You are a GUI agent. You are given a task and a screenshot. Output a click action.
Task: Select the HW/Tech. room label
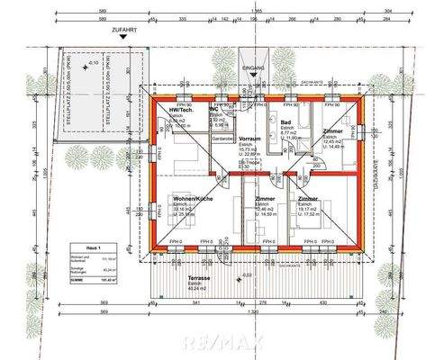[182, 110]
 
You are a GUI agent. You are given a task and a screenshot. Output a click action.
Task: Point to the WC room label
[213, 110]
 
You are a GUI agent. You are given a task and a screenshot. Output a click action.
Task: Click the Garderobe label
[222, 139]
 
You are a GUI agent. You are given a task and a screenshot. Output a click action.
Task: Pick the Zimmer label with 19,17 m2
[307, 199]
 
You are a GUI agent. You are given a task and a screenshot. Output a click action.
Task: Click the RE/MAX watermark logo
[223, 342]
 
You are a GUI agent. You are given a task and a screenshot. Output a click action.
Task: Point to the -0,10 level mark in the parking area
[94, 64]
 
